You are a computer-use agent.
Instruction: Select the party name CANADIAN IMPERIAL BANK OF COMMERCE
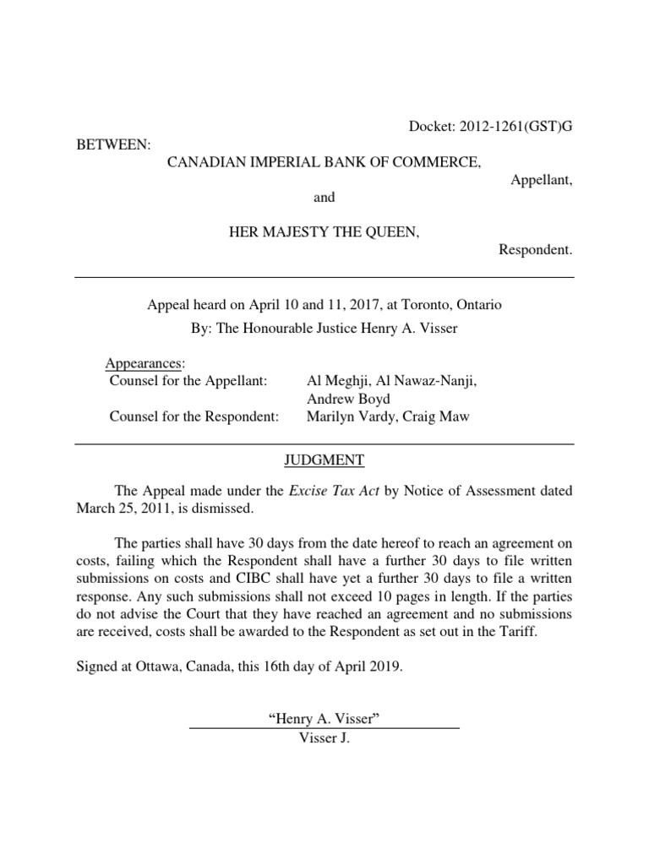click(x=324, y=162)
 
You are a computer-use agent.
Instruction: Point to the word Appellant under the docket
click(x=542, y=180)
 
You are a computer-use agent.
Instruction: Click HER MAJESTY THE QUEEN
click(x=324, y=232)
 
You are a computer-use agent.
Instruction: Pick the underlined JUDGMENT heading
click(x=324, y=460)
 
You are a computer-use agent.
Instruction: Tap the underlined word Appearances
click(x=145, y=363)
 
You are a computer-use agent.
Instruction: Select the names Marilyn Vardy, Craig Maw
click(x=377, y=416)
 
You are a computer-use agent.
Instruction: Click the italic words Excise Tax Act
click(x=335, y=491)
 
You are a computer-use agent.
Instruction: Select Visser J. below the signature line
click(x=324, y=737)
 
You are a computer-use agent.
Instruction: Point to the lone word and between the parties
click(x=324, y=197)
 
